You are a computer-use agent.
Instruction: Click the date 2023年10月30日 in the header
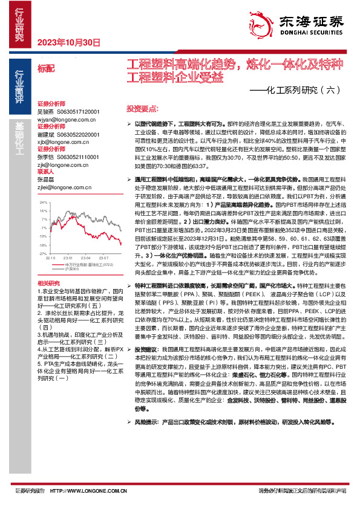click(x=68, y=42)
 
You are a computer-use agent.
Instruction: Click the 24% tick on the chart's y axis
click(x=43, y=203)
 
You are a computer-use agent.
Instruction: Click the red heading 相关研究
click(x=49, y=284)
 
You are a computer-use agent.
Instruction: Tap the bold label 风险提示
click(x=146, y=438)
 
